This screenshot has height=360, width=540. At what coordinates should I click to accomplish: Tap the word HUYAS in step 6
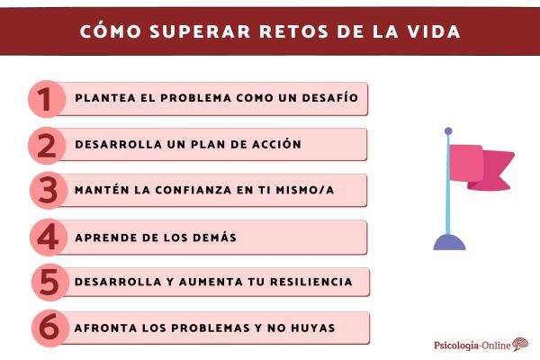310,328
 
